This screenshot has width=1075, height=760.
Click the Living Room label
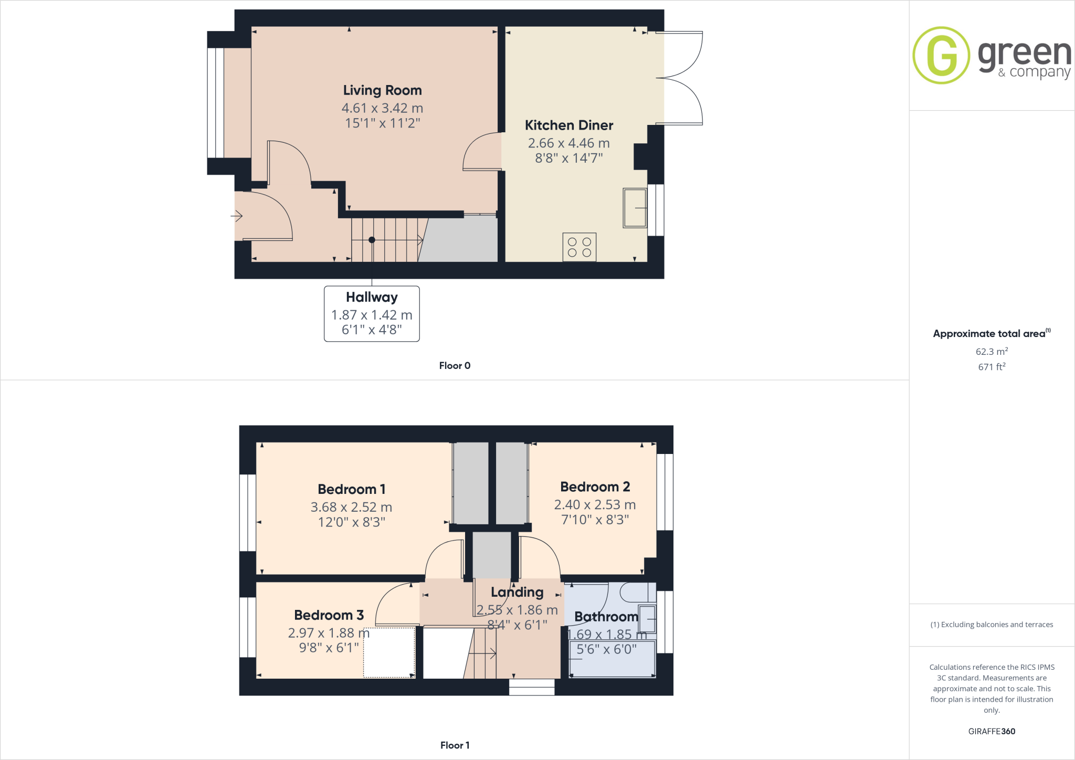pos(382,90)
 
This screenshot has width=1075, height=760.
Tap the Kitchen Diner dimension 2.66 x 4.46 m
pos(568,143)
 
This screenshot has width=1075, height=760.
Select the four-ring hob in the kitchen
pos(579,247)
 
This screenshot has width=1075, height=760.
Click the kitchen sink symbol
pos(635,208)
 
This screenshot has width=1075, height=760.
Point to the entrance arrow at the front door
pos(237,216)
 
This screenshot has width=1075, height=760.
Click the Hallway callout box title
pos(372,297)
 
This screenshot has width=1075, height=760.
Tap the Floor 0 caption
pos(455,366)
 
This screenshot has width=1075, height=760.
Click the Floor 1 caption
pos(455,745)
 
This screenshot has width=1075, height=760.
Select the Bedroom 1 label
pos(352,489)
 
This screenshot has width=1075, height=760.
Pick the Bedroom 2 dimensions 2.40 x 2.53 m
pos(595,504)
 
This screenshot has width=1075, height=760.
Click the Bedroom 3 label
pos(329,615)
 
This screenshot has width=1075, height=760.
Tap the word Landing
pos(517,592)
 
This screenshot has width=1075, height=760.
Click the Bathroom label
pos(606,617)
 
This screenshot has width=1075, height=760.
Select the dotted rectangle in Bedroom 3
pos(389,652)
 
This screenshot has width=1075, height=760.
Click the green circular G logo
pos(941,55)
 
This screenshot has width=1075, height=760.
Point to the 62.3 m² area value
pos(991,352)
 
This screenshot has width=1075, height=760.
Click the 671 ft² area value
pos(991,367)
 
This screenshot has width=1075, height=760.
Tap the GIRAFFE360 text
pos(992,731)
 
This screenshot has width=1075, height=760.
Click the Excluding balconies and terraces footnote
pos(992,625)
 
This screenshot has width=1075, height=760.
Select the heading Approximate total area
pos(989,334)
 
